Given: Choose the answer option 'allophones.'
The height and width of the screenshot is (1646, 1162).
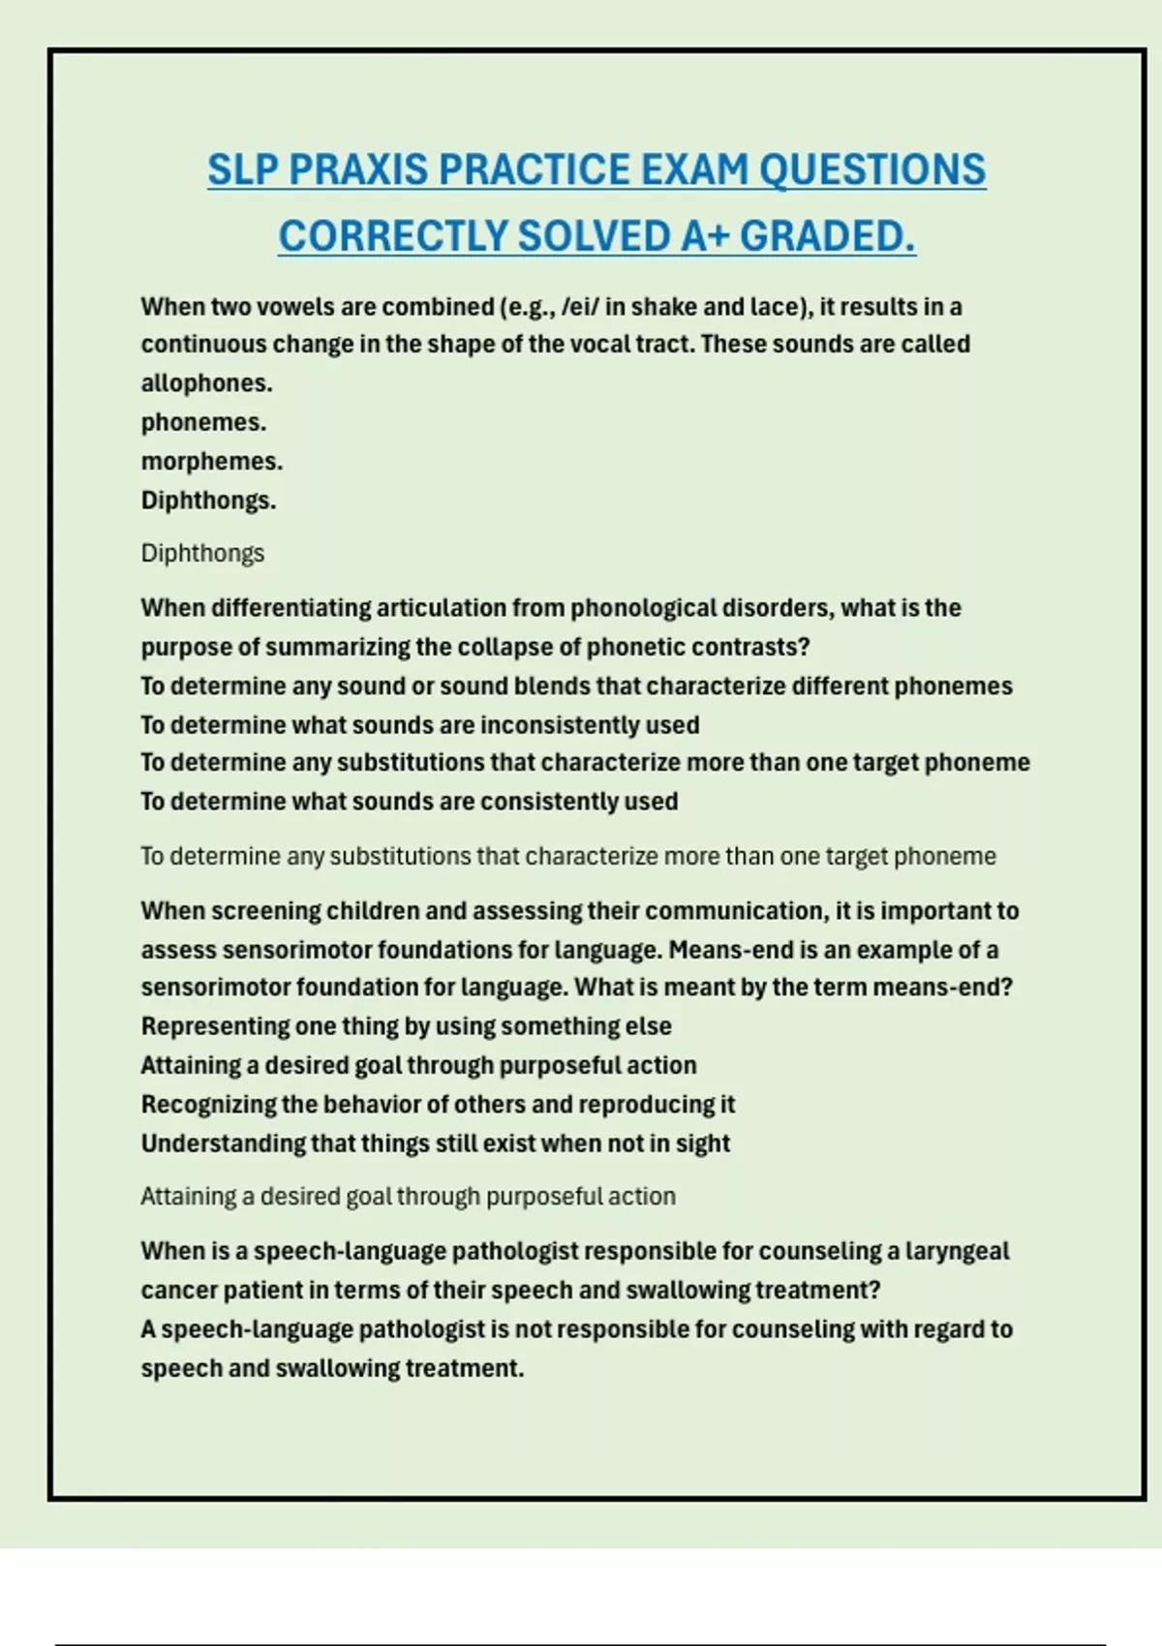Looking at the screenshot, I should pos(206,383).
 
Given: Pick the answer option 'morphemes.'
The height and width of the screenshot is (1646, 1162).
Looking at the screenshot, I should pos(211,462).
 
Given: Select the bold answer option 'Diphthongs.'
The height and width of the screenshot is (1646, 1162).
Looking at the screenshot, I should pos(208,501).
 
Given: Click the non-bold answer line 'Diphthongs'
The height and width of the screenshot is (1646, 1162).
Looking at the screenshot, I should pos(202,554).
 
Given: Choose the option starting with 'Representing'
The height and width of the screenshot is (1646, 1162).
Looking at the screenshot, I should pos(406,1026).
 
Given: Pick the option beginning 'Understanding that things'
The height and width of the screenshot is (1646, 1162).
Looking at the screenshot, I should pos(435,1143).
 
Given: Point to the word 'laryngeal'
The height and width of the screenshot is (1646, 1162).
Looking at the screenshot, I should pos(957,1251).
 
